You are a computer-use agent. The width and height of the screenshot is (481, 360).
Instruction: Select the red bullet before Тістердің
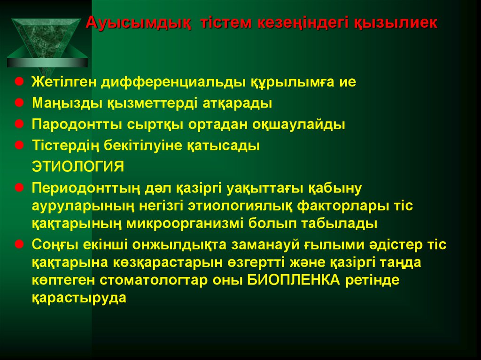19,145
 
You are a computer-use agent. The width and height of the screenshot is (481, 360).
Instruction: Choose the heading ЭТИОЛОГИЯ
78,167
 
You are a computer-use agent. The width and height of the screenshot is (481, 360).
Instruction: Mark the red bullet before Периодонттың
19,187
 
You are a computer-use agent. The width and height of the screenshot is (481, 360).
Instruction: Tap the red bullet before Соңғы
19,244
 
